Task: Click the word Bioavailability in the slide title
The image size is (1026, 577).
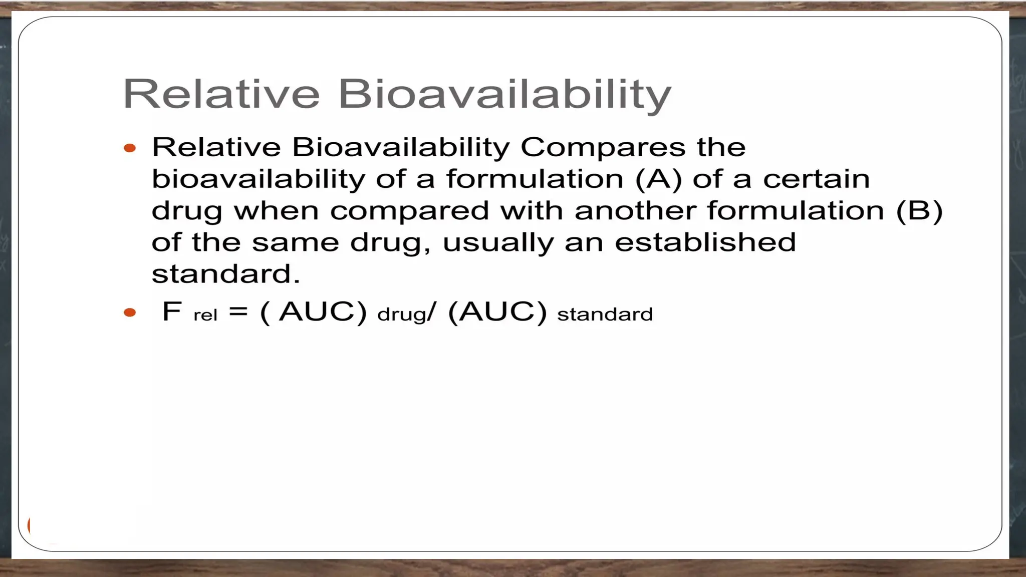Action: point(504,94)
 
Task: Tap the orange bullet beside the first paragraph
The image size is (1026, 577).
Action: point(130,148)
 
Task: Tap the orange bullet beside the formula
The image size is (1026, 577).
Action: point(130,313)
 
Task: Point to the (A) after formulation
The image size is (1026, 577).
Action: point(658,179)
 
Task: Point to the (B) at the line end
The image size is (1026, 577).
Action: point(919,210)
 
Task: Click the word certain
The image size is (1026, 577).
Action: point(816,179)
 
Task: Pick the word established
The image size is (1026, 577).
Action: point(705,242)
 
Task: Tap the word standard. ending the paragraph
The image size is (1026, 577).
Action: point(225,274)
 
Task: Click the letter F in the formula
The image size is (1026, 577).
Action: point(171,312)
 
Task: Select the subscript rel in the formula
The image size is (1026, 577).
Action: point(205,316)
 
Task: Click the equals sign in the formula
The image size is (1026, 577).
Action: point(238,312)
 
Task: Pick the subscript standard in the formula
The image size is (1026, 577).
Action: point(605,315)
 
